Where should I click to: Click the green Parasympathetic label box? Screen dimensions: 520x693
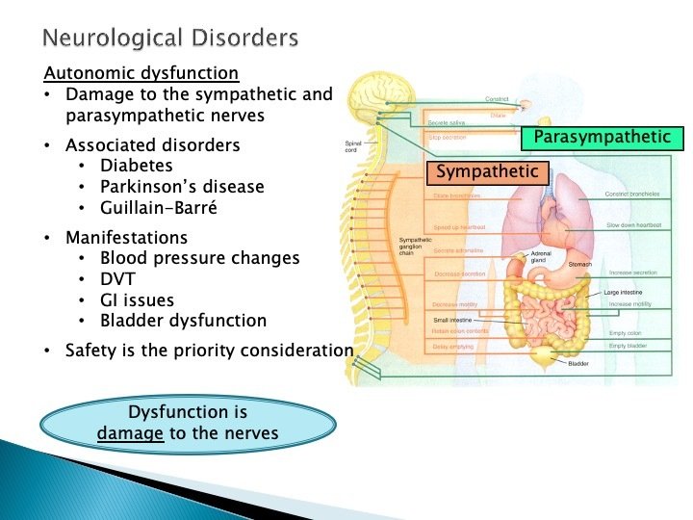pyautogui.click(x=602, y=139)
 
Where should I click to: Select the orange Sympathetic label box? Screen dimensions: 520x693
pyautogui.click(x=487, y=173)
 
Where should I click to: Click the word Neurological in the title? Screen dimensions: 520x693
pyautogui.click(x=102, y=39)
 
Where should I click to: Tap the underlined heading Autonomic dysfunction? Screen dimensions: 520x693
pyautogui.click(x=141, y=73)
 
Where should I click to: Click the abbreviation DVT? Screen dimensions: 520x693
pyautogui.click(x=118, y=279)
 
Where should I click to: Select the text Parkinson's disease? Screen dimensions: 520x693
pyautogui.click(x=182, y=186)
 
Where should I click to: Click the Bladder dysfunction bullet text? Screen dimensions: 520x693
pyautogui.click(x=183, y=321)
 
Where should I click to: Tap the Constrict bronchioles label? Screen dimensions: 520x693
pyautogui.click(x=632, y=194)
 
